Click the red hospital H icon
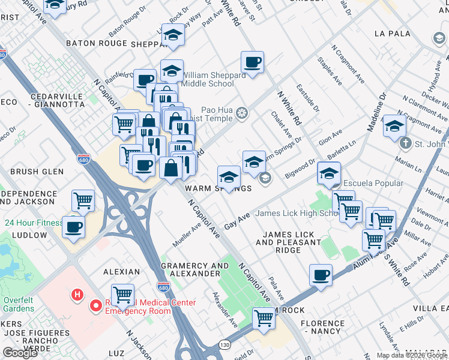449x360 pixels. (x=77, y=295)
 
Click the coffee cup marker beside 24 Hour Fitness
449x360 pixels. (x=74, y=228)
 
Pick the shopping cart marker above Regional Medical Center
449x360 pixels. (x=122, y=295)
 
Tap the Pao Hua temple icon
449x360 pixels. (x=242, y=113)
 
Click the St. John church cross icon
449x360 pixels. (x=406, y=143)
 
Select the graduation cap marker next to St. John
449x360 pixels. (x=394, y=127)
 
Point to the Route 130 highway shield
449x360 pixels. (x=224, y=344)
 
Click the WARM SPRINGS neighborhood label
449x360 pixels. (x=218, y=188)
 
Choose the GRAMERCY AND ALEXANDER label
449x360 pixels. (x=191, y=269)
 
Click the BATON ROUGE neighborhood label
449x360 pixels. (x=97, y=43)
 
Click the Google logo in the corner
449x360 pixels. (x=20, y=353)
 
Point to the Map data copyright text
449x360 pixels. (x=412, y=355)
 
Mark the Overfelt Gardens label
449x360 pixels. (x=17, y=303)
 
